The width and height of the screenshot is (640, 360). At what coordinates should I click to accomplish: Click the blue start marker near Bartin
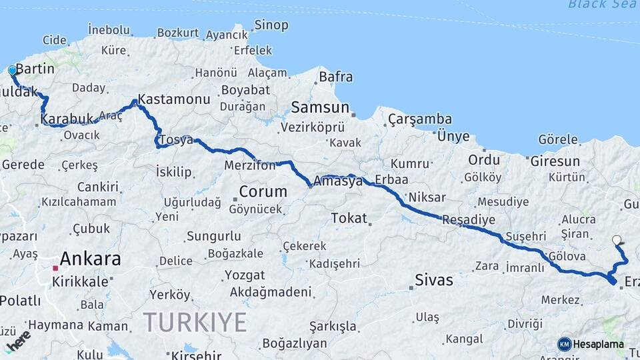point(12,70)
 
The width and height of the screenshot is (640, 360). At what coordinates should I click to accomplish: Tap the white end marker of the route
point(617,240)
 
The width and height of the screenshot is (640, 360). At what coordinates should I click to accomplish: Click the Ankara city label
point(90,259)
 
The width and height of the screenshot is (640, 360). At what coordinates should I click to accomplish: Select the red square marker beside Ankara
point(56,269)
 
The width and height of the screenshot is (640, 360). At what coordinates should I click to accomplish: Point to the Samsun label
point(320,107)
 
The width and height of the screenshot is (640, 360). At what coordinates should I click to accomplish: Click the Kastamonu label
point(174,99)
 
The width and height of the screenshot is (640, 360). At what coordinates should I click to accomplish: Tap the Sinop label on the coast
point(271,25)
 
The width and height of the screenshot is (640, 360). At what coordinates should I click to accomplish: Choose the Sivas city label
point(433,280)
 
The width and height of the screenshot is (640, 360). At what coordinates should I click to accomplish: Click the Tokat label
point(349,218)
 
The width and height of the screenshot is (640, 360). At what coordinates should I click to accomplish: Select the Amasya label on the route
point(338,181)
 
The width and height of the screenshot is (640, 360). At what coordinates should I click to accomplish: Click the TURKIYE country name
point(195,323)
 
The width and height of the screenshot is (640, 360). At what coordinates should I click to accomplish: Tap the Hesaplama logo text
point(599,345)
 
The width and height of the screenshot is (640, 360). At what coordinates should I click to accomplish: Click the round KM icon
point(564,344)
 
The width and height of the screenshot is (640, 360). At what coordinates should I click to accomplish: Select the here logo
point(19,340)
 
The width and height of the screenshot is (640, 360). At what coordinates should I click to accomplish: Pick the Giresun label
point(555,161)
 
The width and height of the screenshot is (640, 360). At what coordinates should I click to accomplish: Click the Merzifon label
point(250,165)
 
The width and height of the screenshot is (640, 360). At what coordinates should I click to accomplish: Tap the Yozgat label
point(245,275)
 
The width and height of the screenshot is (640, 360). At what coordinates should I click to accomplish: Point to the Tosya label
point(178,141)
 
